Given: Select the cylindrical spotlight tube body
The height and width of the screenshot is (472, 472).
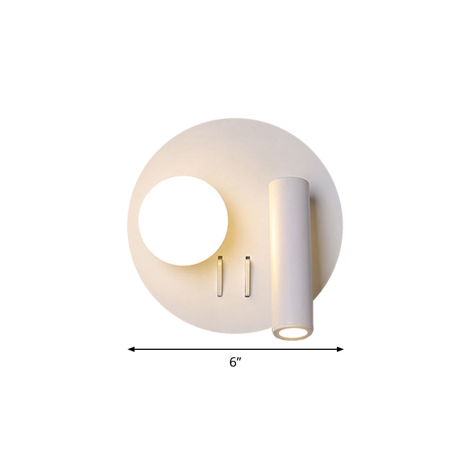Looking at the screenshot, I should (290, 254).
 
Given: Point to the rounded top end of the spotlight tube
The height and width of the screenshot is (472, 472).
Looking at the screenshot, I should (287, 182).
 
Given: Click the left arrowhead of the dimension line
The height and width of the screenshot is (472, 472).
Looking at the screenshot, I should (131, 349).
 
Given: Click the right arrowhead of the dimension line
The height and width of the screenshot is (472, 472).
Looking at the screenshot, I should (340, 349).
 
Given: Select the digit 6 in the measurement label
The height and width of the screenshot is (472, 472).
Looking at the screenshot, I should (232, 362).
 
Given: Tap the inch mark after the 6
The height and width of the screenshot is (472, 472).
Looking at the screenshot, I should (240, 359).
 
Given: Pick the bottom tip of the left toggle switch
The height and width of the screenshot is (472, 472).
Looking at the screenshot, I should (220, 296).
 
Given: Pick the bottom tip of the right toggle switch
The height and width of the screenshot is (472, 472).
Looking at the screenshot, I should (248, 296).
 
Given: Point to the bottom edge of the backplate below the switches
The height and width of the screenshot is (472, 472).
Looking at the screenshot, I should (234, 332).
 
